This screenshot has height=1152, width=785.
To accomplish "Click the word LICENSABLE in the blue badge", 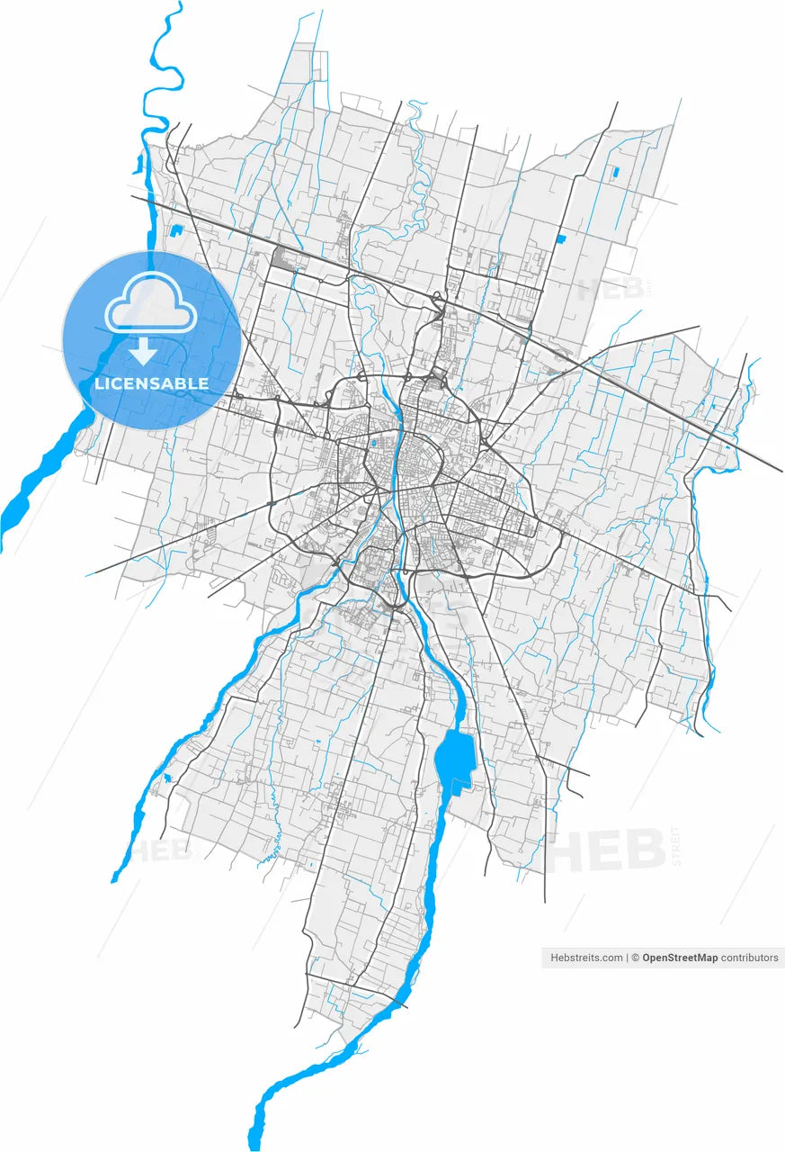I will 151,383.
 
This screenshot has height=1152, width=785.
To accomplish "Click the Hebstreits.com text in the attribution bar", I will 586,958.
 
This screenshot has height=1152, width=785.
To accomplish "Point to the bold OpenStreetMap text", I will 680,958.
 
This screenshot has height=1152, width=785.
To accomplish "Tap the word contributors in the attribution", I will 750,958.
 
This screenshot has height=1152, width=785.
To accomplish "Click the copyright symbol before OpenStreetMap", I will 636,958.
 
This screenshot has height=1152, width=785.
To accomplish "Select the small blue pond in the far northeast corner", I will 615,170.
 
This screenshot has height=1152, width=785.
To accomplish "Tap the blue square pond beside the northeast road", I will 560,238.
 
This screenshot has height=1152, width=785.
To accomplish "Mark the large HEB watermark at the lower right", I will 608,850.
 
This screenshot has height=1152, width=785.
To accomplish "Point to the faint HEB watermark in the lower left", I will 162,850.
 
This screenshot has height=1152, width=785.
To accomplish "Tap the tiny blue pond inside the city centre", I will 372,443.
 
